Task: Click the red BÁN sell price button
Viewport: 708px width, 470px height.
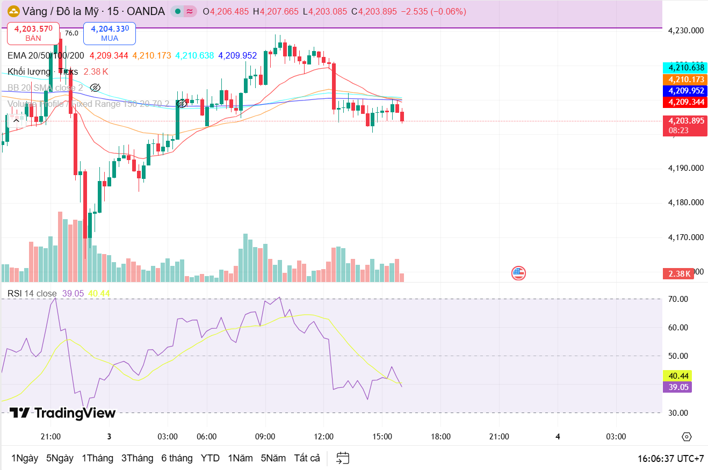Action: [33, 33]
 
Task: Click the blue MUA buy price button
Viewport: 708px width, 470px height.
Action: [110, 33]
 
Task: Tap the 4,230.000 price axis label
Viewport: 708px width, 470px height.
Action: [685, 31]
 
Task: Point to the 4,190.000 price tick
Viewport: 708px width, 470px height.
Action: [685, 168]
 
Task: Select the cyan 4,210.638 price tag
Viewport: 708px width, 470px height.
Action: [685, 68]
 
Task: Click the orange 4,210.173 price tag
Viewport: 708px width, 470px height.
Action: [685, 79]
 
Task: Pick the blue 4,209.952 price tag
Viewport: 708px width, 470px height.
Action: [685, 91]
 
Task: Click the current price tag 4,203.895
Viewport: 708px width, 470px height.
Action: [685, 121]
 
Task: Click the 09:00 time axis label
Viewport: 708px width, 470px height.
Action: [265, 437]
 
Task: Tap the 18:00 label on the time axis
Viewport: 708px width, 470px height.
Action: [440, 437]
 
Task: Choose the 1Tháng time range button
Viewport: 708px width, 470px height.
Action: [97, 458]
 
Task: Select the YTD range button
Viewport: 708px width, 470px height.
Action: [210, 458]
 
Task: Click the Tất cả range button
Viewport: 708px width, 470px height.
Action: [307, 458]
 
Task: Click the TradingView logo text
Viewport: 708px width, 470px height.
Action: [63, 413]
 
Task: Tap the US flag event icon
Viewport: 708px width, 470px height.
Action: [518, 273]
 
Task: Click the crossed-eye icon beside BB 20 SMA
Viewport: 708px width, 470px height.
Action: [95, 88]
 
